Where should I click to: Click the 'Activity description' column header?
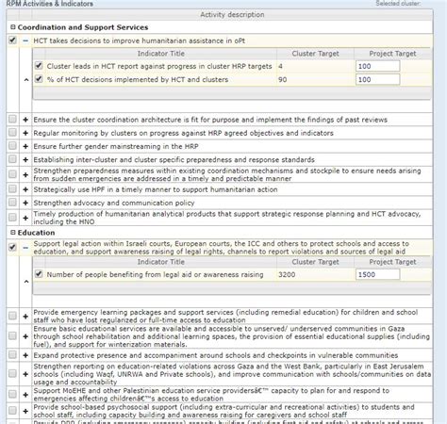click(x=223, y=15)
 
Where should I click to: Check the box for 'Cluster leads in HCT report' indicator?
click(x=38, y=67)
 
